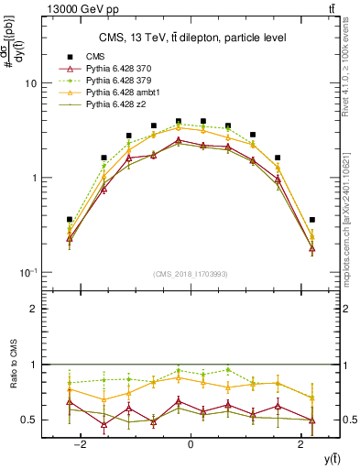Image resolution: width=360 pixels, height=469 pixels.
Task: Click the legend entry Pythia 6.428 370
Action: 114,68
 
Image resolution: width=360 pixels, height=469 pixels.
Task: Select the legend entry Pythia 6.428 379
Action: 114,81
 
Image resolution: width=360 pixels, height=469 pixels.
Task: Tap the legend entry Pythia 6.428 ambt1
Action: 116,93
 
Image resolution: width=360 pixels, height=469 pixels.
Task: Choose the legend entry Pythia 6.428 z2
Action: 110,106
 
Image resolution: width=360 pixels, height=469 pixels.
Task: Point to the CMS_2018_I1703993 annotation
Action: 190,274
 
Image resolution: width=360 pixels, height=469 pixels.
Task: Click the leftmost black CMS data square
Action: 69,220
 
